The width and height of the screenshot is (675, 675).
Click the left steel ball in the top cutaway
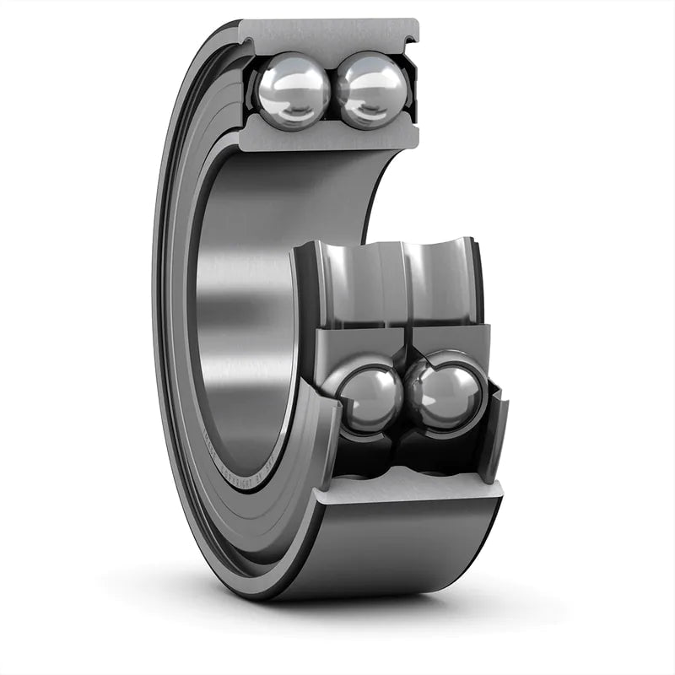pos(293,90)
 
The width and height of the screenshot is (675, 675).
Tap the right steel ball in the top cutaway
pos(372,90)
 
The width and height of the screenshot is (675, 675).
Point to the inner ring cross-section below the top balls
pos(329,135)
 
